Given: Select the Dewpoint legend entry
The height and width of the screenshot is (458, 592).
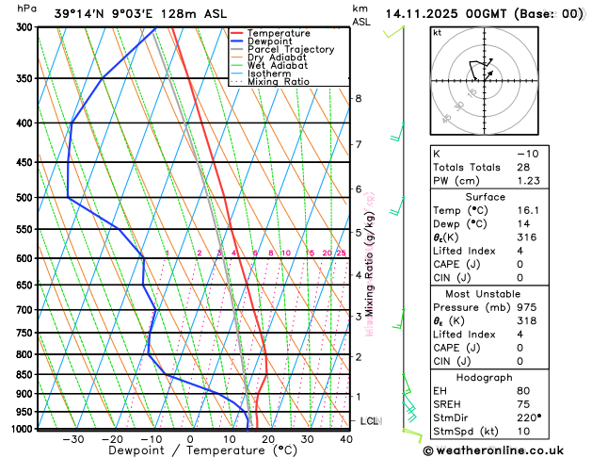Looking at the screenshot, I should pos(268,41).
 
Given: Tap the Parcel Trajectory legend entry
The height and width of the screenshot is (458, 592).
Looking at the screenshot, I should pos(290,50).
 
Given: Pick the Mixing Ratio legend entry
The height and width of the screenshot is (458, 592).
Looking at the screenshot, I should pos(278,82).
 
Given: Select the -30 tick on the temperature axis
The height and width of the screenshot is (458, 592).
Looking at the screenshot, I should pos(72,439).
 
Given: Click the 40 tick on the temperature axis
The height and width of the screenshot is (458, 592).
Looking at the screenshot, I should pos(346,439).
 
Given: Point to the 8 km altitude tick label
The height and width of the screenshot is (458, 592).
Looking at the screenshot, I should pos(358,98).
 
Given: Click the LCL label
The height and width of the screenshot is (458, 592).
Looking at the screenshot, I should pos(369,420).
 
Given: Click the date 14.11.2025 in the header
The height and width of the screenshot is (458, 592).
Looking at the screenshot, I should pos(424,14).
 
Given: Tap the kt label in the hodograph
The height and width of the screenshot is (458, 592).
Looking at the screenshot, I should pos(437,32).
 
